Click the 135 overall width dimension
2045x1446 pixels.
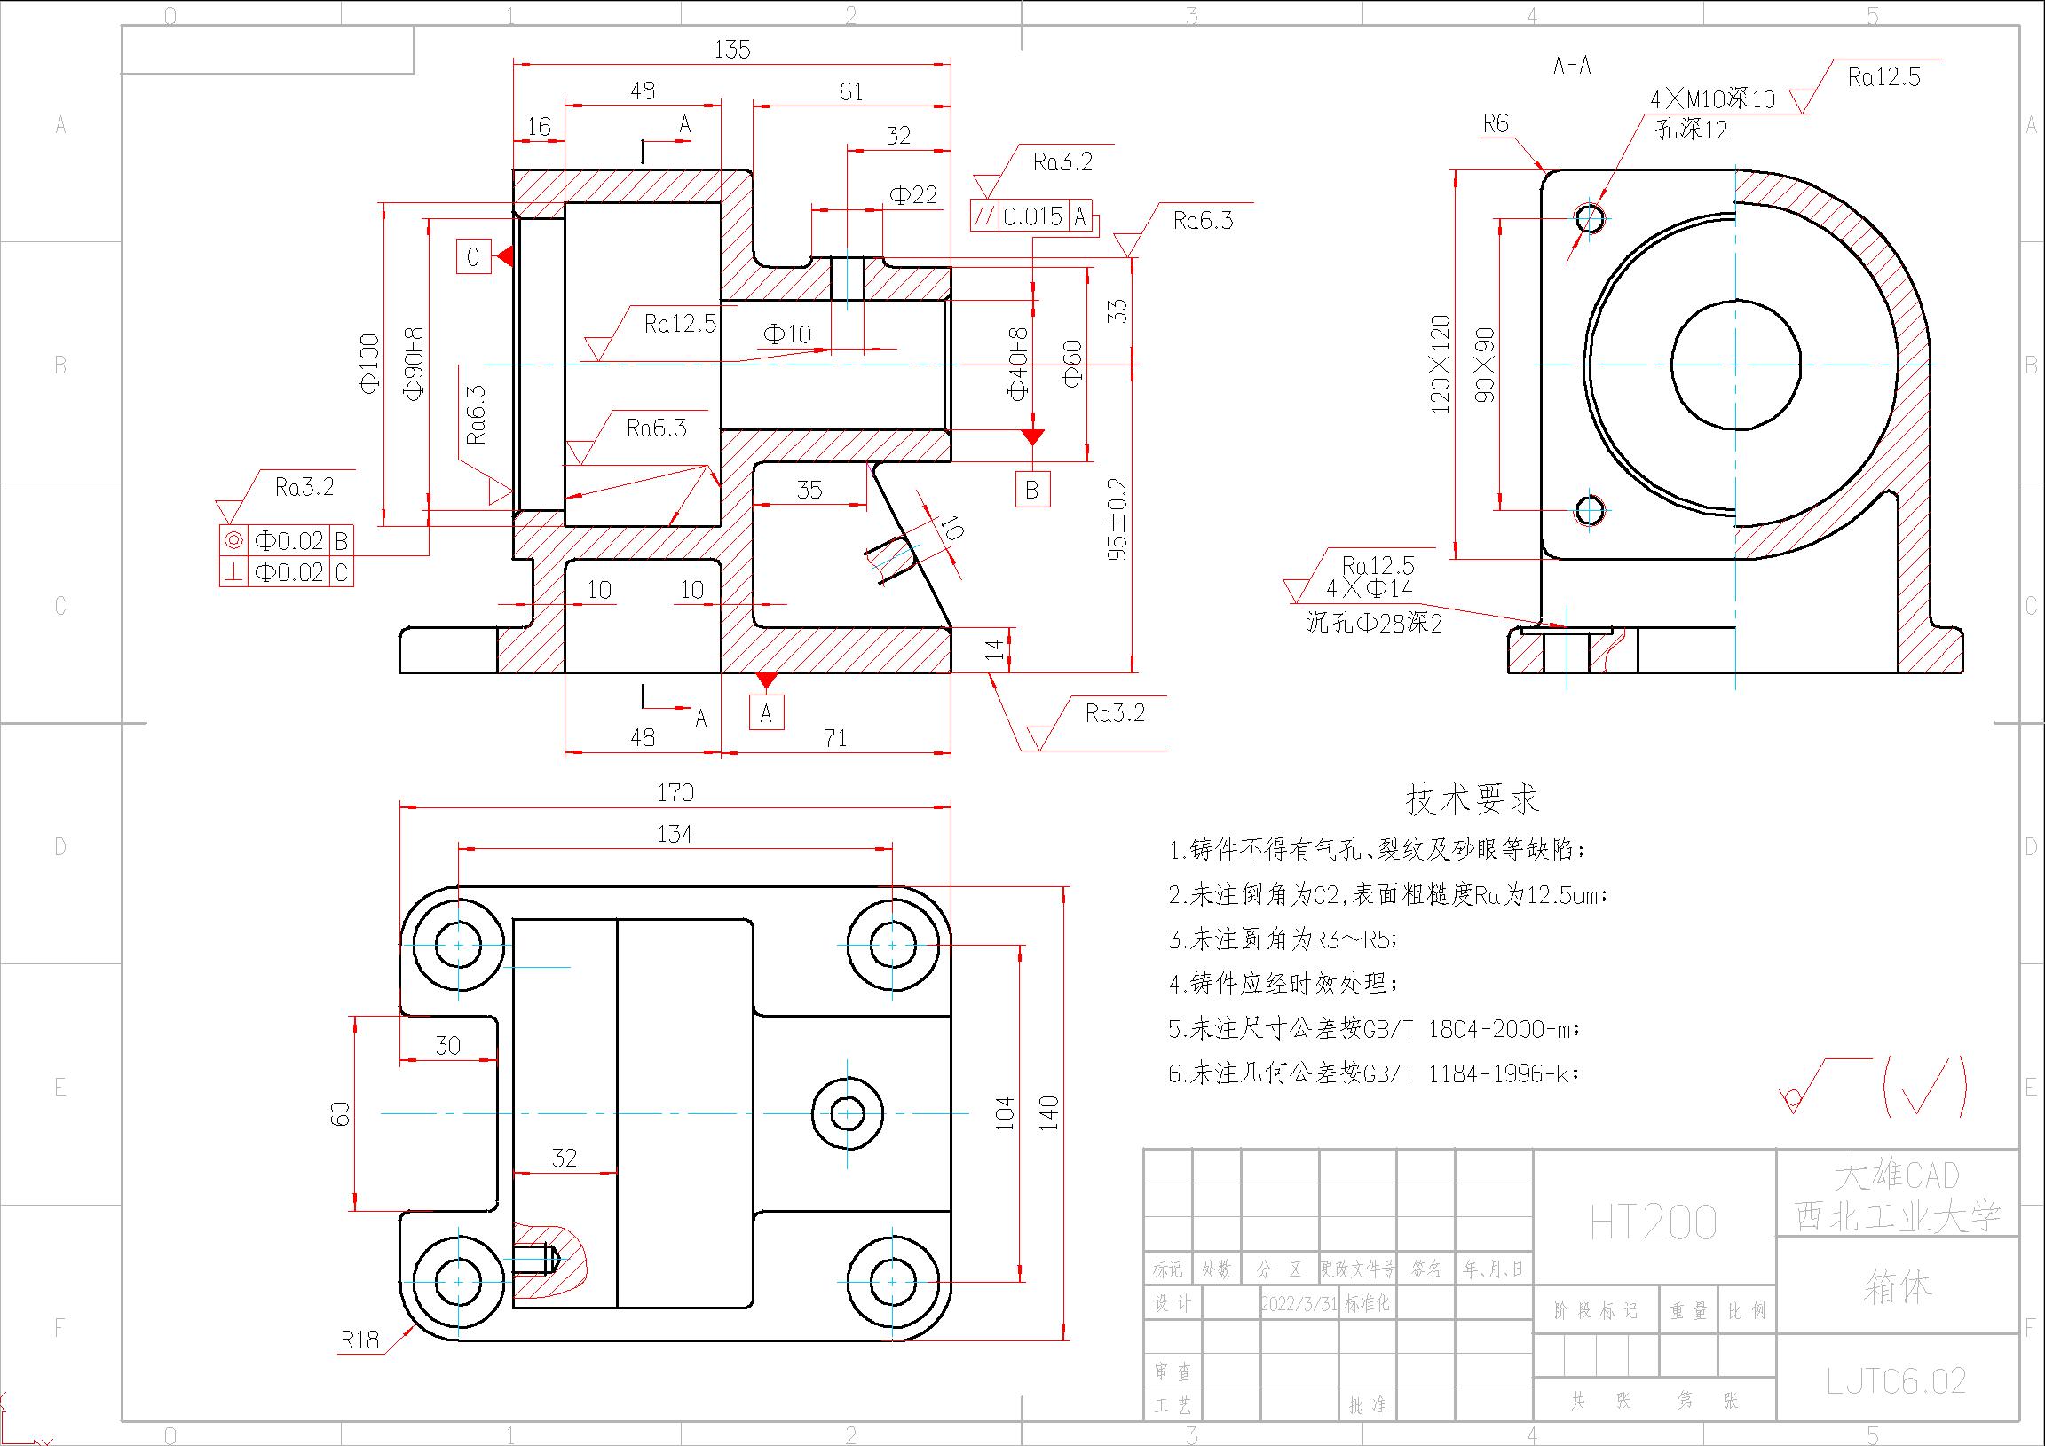point(732,49)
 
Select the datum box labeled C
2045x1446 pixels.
point(473,256)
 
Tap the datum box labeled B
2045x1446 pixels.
point(1032,489)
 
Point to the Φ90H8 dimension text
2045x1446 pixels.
point(415,365)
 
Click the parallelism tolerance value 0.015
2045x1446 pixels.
point(1032,216)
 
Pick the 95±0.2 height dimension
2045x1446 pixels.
point(1117,519)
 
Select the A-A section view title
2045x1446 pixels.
point(1571,65)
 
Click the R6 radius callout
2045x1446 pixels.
point(1496,124)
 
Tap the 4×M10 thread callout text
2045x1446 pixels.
point(1712,98)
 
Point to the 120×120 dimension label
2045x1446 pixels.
point(1441,365)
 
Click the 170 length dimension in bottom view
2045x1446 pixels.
point(675,791)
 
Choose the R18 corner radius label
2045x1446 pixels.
point(359,1340)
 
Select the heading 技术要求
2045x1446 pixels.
point(1472,798)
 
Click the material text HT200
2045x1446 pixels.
point(1653,1223)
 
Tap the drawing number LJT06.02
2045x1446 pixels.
point(1895,1380)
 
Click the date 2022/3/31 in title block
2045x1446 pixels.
point(1299,1303)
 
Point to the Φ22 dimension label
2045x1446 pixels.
point(913,195)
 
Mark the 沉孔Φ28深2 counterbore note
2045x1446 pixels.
point(1373,624)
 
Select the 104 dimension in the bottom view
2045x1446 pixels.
point(1005,1113)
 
